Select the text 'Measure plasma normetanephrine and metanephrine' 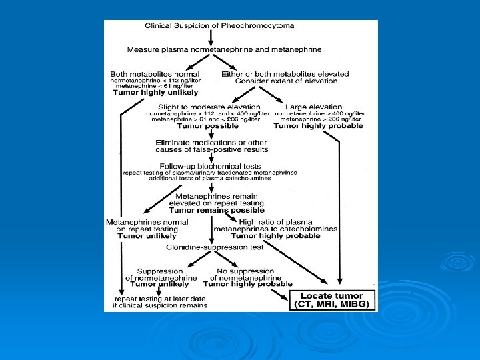(224, 49)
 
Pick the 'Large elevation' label (313, 107)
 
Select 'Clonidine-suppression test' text (215, 247)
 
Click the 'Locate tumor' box (331, 296)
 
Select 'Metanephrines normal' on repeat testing (147, 222)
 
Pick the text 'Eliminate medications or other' (211, 142)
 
